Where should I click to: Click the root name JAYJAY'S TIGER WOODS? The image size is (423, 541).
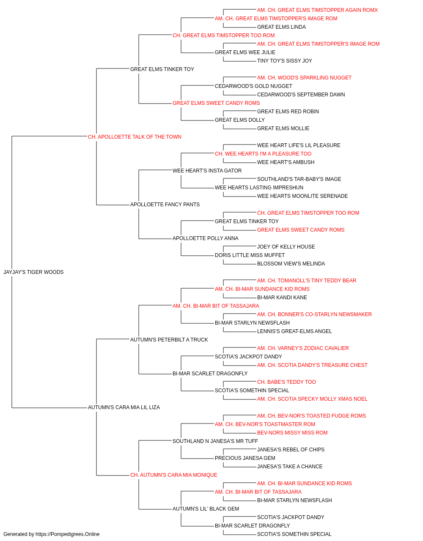33,272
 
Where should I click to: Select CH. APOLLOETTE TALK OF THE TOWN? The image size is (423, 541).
135,137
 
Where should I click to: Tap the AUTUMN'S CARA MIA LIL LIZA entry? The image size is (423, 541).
124,407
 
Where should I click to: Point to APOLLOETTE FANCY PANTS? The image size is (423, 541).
165,205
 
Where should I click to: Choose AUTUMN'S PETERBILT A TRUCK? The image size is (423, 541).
169,340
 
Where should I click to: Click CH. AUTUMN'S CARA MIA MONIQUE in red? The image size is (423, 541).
173,475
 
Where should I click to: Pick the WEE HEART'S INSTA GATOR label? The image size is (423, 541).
207,171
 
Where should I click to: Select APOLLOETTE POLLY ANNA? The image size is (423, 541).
205,238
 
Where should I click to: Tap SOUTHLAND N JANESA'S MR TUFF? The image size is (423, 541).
215,441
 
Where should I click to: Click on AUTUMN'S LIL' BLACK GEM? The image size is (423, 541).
206,509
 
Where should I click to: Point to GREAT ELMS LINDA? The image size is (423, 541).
281,27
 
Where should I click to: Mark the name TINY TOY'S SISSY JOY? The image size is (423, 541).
285,61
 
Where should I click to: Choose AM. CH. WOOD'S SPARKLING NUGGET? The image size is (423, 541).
304,78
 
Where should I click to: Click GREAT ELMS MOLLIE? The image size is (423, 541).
283,128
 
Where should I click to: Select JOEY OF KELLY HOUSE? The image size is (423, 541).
286,247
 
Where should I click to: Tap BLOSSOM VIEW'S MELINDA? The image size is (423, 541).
291,264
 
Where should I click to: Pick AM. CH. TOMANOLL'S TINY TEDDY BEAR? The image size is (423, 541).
307,281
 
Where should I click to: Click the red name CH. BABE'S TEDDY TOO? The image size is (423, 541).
286,382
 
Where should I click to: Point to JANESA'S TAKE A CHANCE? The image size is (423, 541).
290,467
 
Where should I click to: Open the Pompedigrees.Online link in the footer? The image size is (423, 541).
68,534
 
